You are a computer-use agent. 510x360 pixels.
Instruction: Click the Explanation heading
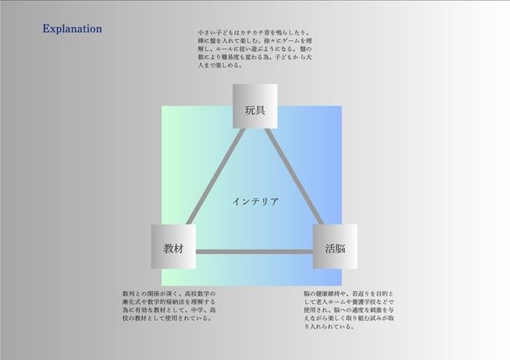pyautogui.click(x=72, y=29)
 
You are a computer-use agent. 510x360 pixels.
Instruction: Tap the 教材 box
pyautogui.click(x=173, y=249)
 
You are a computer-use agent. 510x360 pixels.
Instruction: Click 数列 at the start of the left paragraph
pyautogui.click(x=128, y=294)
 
